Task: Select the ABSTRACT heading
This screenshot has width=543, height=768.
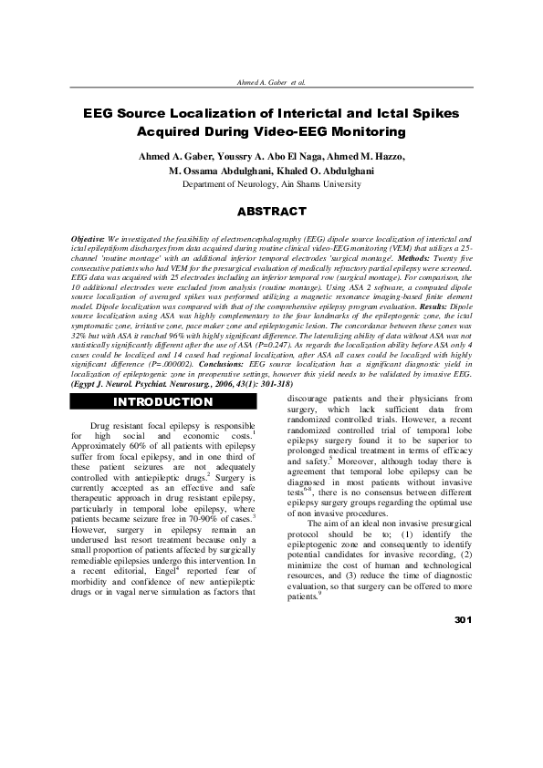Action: (271, 213)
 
